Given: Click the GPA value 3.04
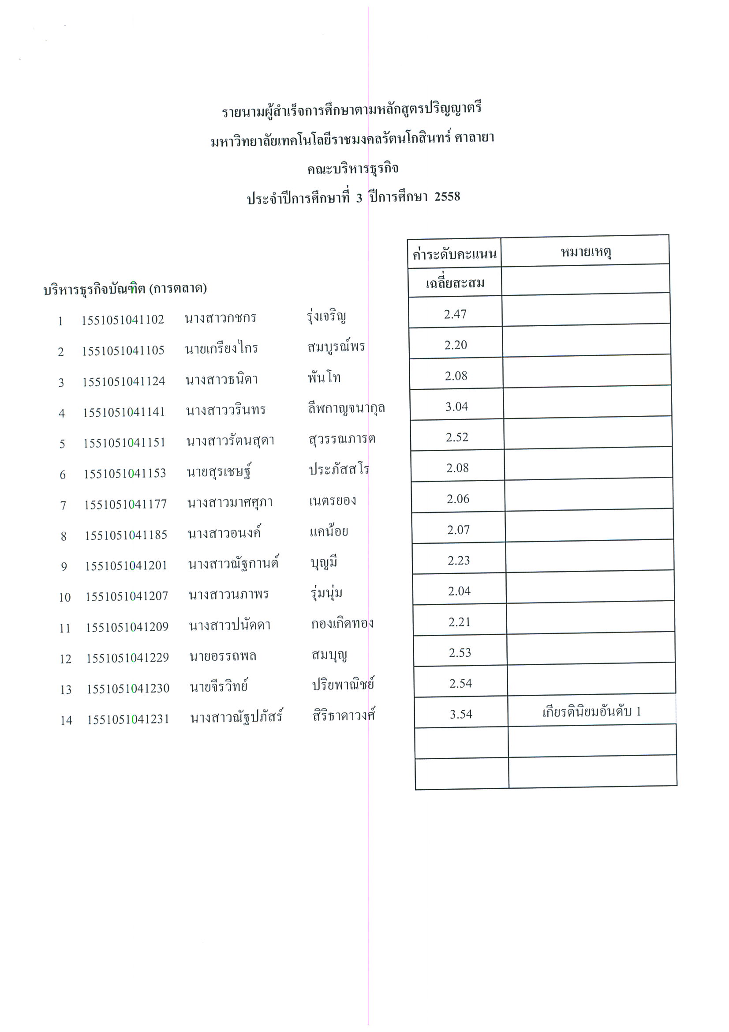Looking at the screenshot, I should (x=456, y=407).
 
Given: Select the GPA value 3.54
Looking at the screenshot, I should (x=461, y=714).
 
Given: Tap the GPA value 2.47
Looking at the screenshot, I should (x=455, y=314).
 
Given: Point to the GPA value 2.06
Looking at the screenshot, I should (x=458, y=499).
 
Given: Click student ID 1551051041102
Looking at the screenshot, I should (x=123, y=320).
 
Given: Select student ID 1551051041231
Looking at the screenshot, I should (x=128, y=719).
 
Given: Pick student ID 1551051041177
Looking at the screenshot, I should (x=125, y=505).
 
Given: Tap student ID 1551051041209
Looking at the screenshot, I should (x=127, y=627).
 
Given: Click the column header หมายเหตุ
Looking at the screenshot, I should (x=585, y=252).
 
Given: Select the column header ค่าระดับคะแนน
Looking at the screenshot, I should (x=455, y=254).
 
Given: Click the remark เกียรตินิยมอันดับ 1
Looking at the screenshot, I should (x=591, y=712).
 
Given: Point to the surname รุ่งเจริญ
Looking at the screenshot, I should (x=326, y=316).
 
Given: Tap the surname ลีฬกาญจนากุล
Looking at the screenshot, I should (x=346, y=408).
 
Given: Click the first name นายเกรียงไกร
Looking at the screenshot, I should (x=221, y=348).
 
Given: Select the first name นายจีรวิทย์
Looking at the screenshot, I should (x=219, y=687).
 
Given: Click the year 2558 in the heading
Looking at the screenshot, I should (x=447, y=196).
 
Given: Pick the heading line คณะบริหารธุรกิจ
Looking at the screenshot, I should (x=353, y=169).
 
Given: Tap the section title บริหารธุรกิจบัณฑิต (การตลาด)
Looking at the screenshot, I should (x=125, y=289).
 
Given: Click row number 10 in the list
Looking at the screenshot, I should (x=65, y=597).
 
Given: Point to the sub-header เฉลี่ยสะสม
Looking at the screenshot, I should (x=455, y=283).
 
